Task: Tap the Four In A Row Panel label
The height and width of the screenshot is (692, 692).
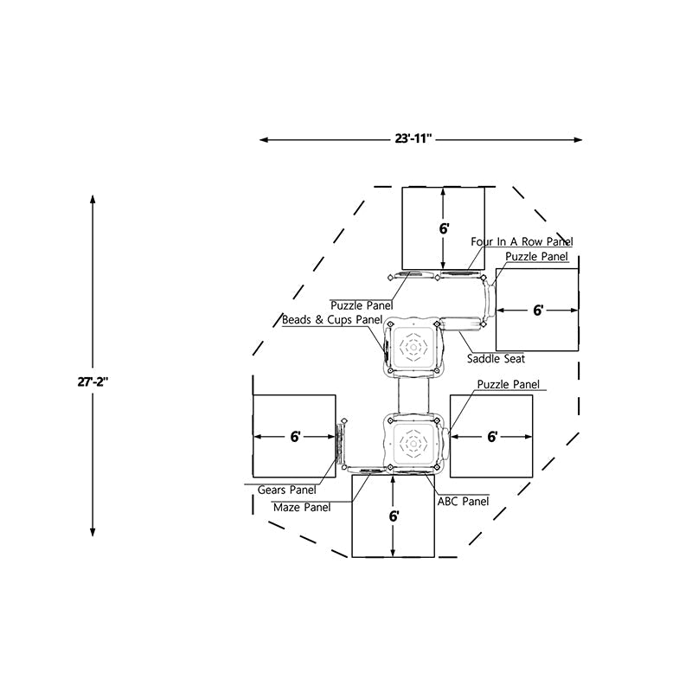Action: click(x=522, y=241)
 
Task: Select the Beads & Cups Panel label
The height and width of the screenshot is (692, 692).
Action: click(x=332, y=319)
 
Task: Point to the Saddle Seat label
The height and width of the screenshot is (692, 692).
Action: click(x=496, y=358)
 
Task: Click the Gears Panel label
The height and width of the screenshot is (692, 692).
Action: click(x=287, y=490)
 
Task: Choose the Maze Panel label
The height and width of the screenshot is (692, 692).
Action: click(x=302, y=508)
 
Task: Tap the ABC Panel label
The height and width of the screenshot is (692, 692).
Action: click(x=463, y=501)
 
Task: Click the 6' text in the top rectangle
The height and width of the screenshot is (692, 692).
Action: click(x=444, y=229)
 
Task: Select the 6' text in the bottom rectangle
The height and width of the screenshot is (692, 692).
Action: click(x=394, y=516)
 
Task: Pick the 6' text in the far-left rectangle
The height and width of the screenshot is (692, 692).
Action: click(x=295, y=437)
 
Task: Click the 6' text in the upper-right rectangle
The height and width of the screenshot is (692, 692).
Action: click(x=538, y=310)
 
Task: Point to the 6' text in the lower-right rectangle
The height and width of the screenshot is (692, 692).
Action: click(x=492, y=437)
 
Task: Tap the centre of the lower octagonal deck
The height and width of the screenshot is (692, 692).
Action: click(x=413, y=443)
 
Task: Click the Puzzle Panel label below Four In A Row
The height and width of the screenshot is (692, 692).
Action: click(x=537, y=256)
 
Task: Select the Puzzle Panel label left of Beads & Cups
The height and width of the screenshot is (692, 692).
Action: click(x=362, y=304)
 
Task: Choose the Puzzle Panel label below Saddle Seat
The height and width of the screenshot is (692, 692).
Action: click(x=509, y=384)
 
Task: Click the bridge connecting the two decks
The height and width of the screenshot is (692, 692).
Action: click(x=413, y=396)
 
